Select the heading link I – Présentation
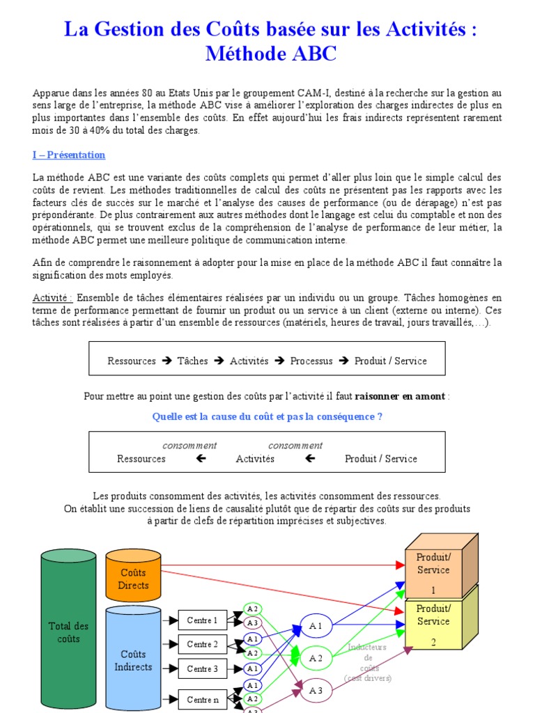pyautogui.click(x=69, y=155)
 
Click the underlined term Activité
pyautogui.click(x=52, y=298)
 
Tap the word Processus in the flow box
pyautogui.click(x=311, y=361)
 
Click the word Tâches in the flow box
pyautogui.click(x=193, y=361)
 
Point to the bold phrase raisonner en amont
pyautogui.click(x=400, y=396)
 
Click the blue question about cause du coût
pyautogui.click(x=267, y=416)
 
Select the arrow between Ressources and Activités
pyautogui.click(x=201, y=458)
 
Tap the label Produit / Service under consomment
pyautogui.click(x=381, y=459)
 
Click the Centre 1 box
pyautogui.click(x=203, y=620)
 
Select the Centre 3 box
pyautogui.click(x=203, y=669)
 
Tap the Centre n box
pyautogui.click(x=203, y=699)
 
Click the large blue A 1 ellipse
pyautogui.click(x=316, y=626)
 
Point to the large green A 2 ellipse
pyautogui.click(x=316, y=658)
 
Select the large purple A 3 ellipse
pyautogui.click(x=316, y=691)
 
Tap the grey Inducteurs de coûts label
pyautogui.click(x=368, y=662)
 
